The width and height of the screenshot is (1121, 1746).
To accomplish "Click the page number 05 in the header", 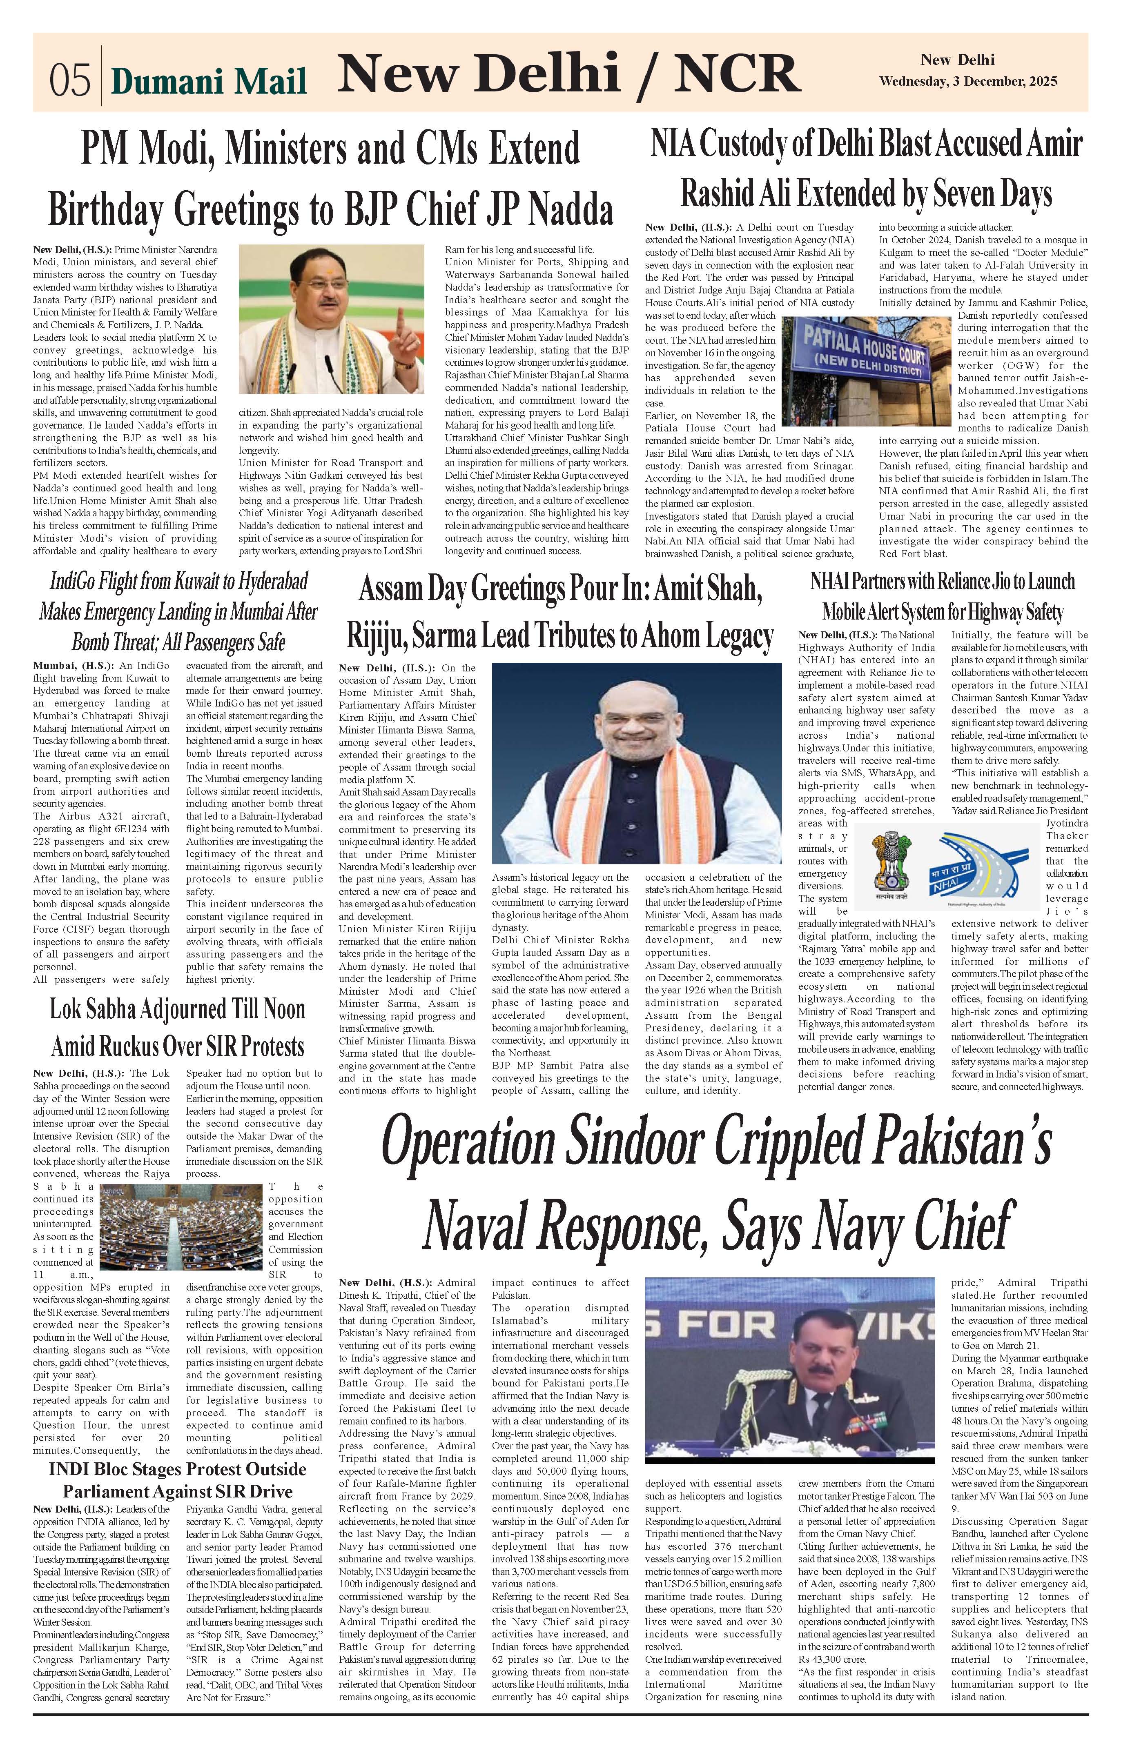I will click(x=70, y=80).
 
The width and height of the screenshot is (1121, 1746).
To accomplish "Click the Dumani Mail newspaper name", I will click(x=209, y=82).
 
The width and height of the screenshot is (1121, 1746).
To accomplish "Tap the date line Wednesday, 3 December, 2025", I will click(x=968, y=82).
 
